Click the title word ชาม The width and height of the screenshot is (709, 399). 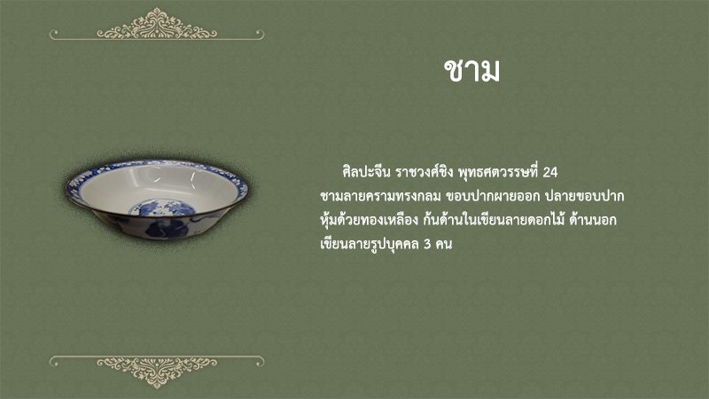(471, 71)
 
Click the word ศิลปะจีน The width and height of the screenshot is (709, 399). (366, 172)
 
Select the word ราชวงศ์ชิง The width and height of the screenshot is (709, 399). (425, 172)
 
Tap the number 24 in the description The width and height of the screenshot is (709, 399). (549, 172)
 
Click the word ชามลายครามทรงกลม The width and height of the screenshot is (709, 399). (380, 197)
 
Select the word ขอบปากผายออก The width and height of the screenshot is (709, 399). (493, 197)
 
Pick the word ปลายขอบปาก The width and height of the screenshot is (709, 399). (584, 197)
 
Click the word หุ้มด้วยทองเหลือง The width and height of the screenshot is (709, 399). (369, 221)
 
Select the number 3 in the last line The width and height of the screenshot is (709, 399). (427, 245)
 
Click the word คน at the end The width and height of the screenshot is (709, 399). (444, 245)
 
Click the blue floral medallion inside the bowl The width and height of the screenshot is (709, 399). (162, 207)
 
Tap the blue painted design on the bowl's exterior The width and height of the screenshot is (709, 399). (168, 229)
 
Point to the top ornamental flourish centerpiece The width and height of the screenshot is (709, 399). (157, 24)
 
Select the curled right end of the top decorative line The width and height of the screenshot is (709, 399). (260, 34)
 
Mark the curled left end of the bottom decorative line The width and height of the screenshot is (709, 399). (53, 361)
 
